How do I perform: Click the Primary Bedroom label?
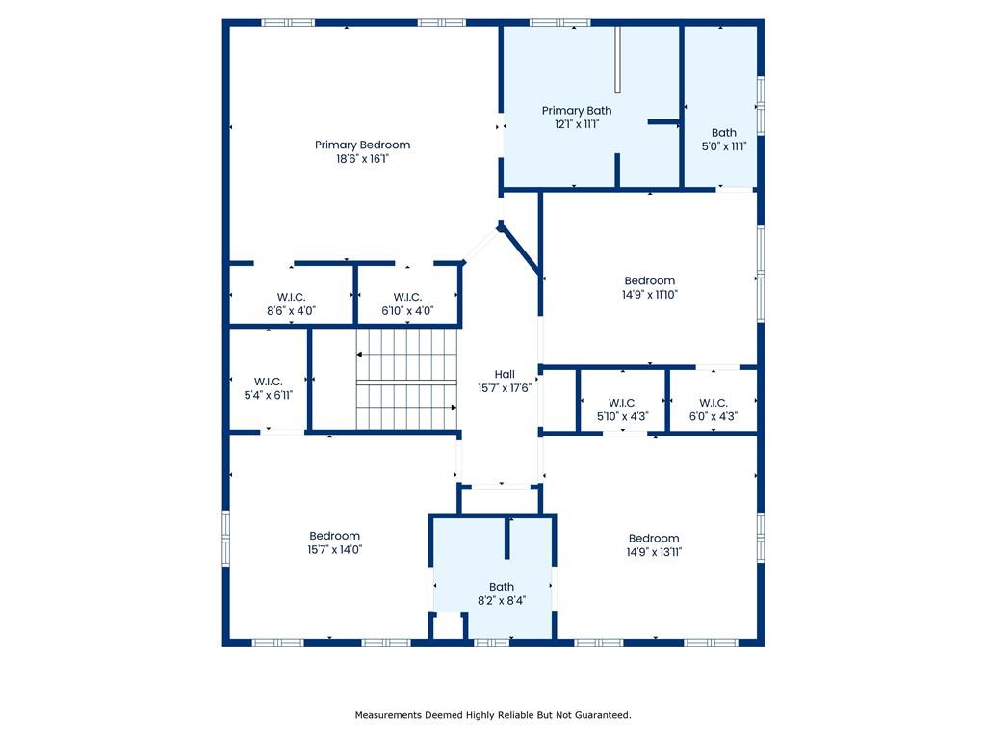(362, 145)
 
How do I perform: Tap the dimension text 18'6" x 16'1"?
(362, 159)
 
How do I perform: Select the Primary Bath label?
(577, 111)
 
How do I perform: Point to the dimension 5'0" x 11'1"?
(724, 146)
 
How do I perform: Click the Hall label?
(505, 375)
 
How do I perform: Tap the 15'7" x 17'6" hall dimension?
(505, 388)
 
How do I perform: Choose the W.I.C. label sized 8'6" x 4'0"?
(291, 297)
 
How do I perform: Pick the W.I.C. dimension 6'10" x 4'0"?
(407, 311)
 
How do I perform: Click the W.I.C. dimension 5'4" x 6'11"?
(269, 396)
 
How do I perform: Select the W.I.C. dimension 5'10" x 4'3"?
(623, 416)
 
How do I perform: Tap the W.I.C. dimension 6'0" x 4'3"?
(714, 416)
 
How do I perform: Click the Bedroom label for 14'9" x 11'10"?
(650, 280)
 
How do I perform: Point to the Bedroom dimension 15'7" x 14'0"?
(334, 550)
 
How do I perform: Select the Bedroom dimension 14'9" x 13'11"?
(654, 552)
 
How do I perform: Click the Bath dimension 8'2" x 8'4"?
(501, 601)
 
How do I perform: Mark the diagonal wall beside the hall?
(520, 250)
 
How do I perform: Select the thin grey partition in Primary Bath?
(617, 60)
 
